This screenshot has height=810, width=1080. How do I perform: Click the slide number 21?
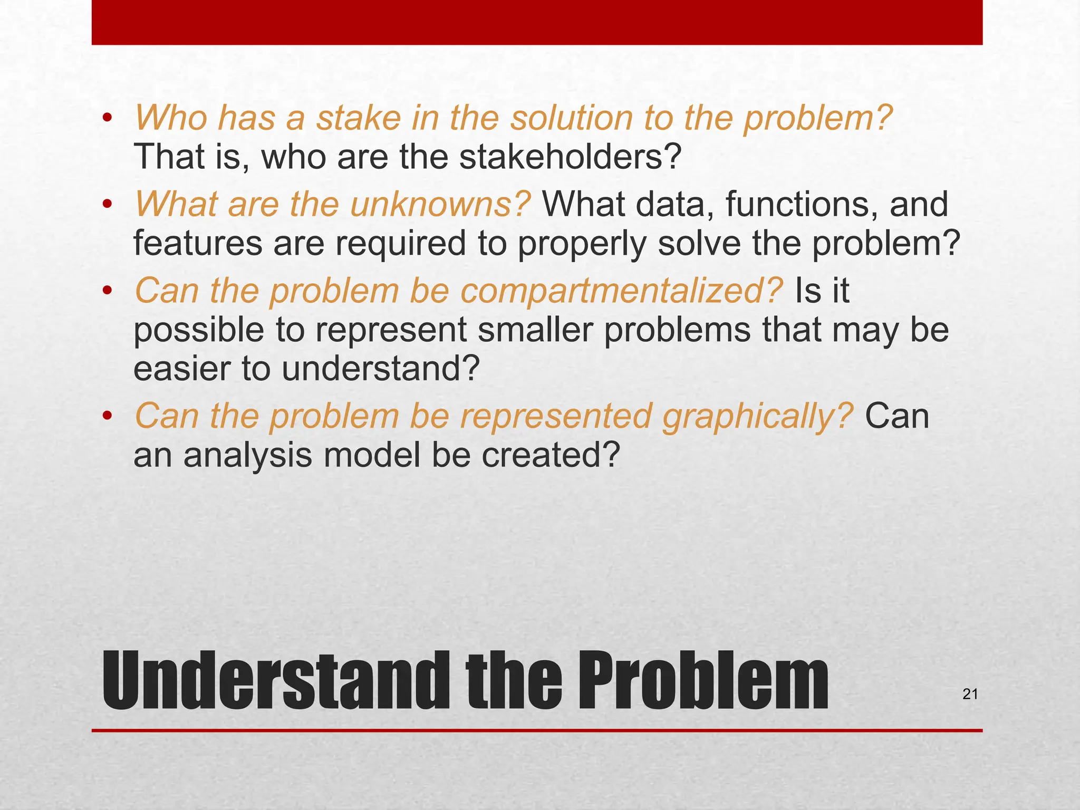click(970, 695)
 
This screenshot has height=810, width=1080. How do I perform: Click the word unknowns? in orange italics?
click(440, 204)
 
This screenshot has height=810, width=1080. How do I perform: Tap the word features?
click(198, 244)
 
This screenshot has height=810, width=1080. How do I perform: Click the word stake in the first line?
click(358, 118)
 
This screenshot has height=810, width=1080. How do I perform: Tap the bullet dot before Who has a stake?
click(108, 118)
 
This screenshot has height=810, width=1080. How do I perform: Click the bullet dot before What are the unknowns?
click(108, 205)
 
